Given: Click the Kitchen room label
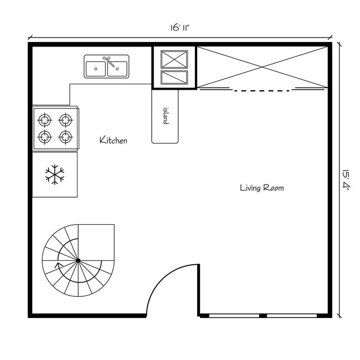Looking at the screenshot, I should point(113,140).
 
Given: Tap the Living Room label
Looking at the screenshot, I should point(261,188).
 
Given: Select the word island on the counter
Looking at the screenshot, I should point(165,116).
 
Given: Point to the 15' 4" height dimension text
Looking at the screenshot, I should point(346,180).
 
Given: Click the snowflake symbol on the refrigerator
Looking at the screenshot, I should point(54,175).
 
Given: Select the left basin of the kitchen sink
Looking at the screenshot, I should point(96,69).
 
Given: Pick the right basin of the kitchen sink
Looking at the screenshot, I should point(117,69).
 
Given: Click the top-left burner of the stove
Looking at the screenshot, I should point(44,119).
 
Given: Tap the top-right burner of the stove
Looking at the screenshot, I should point(66,119).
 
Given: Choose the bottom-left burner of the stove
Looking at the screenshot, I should point(44,136).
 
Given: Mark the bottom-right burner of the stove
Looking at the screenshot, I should point(66,136).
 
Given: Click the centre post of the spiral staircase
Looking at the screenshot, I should point(78,260).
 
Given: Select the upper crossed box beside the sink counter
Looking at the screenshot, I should point(174,59).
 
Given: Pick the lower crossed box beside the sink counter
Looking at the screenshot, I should point(174,77).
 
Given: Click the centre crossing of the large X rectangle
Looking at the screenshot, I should point(263,67).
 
